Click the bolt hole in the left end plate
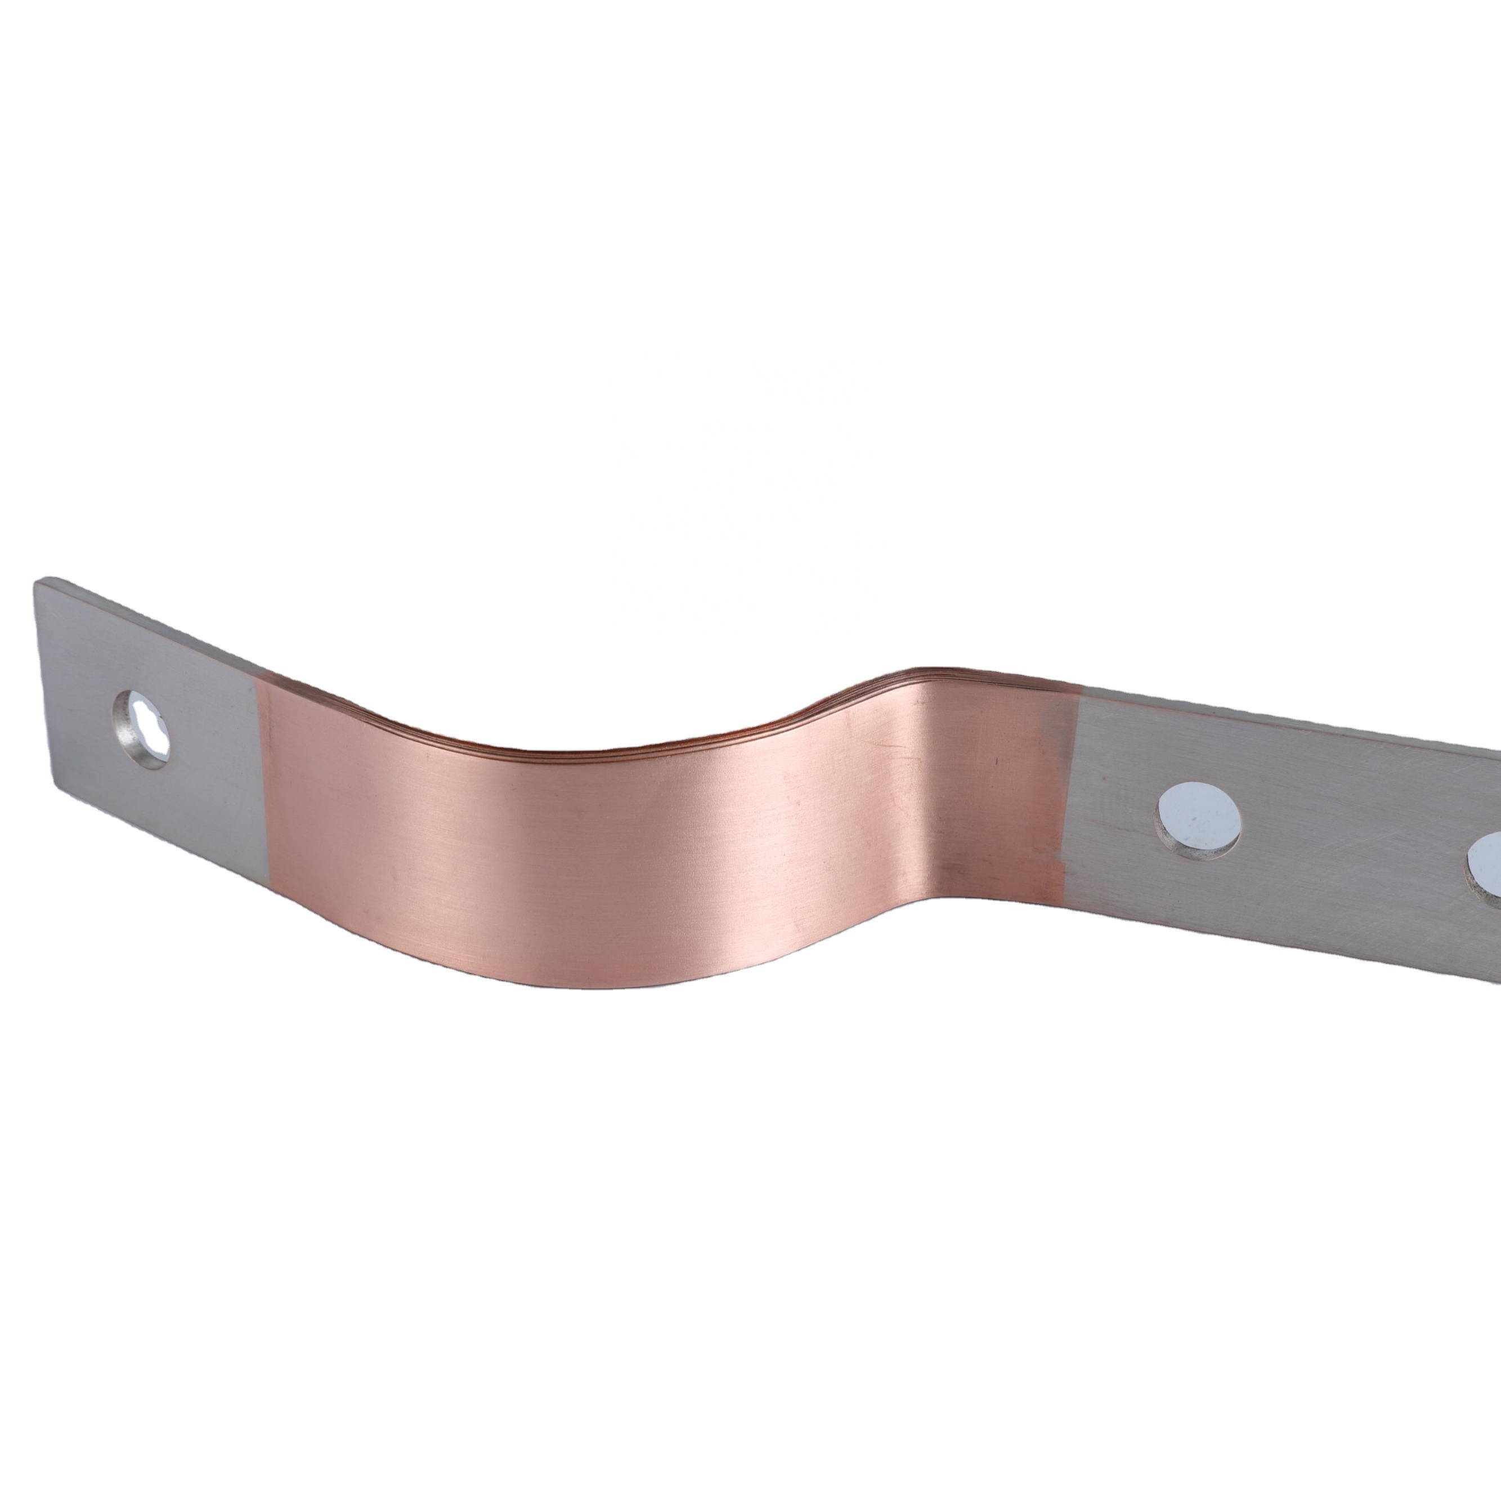[x=141, y=719]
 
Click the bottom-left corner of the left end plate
[x=55, y=786]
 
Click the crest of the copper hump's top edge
[x=925, y=673]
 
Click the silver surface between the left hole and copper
[x=210, y=746]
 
